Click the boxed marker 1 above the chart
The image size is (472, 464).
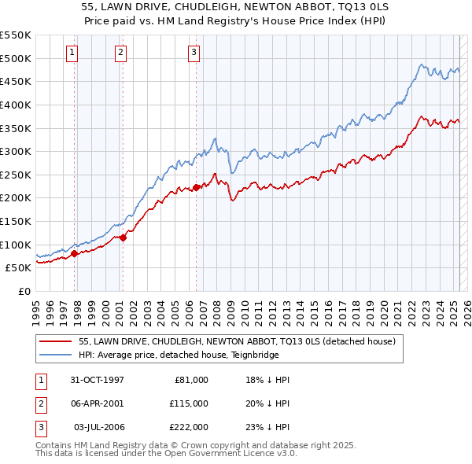[x=72, y=53]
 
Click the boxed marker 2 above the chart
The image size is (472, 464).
[x=120, y=53]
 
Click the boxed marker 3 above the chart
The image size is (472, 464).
[x=194, y=53]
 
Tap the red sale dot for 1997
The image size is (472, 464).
[x=75, y=253]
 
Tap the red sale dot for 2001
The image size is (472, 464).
[x=123, y=238]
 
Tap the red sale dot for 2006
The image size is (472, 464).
[x=196, y=187]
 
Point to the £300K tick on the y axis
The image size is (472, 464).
[x=17, y=151]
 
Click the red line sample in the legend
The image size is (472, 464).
[x=55, y=341]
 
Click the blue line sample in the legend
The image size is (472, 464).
[x=55, y=355]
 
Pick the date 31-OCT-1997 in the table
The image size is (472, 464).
[x=97, y=379]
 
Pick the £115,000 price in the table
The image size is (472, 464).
[x=189, y=403]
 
